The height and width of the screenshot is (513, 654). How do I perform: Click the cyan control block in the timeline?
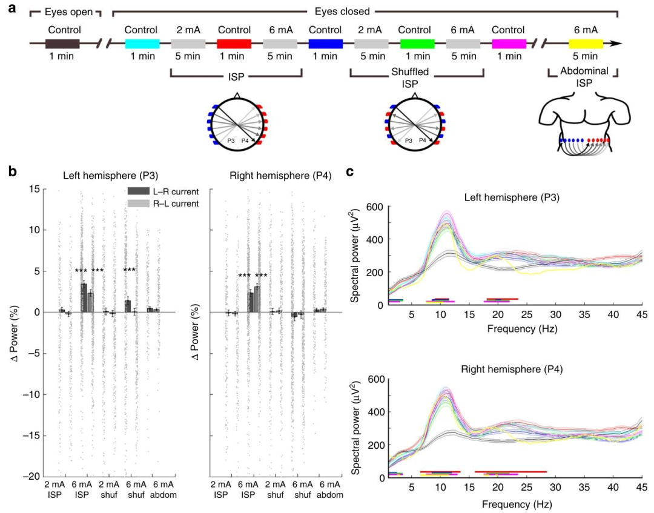[x=142, y=44]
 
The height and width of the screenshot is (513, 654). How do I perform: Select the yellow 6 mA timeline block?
[x=586, y=44]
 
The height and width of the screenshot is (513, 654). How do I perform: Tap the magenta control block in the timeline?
[x=509, y=44]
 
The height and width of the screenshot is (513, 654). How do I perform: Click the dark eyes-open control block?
[x=63, y=44]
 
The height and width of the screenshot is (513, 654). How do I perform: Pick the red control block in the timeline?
[x=234, y=44]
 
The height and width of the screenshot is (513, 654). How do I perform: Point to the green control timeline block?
[x=417, y=44]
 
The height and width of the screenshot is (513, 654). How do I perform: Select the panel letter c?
[x=351, y=171]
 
